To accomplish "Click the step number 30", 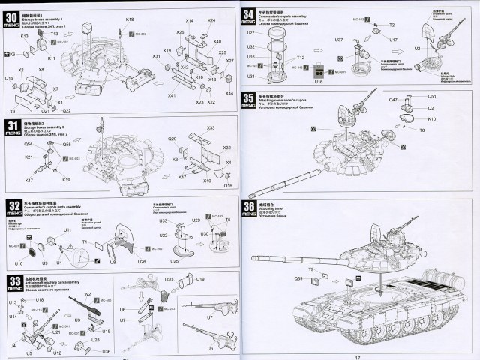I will tap(12, 16).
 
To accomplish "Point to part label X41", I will tap(172, 96).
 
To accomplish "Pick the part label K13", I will tap(25, 35).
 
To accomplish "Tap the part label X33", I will tap(211, 128).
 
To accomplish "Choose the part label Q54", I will tap(28, 144).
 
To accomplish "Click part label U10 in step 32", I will tap(19, 264).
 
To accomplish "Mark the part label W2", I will tap(87, 295).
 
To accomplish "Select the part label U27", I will tap(250, 34).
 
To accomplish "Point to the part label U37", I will tap(339, 39).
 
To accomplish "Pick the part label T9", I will tap(310, 268).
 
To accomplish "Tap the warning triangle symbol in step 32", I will tap(69, 246).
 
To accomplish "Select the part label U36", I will tap(106, 351).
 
